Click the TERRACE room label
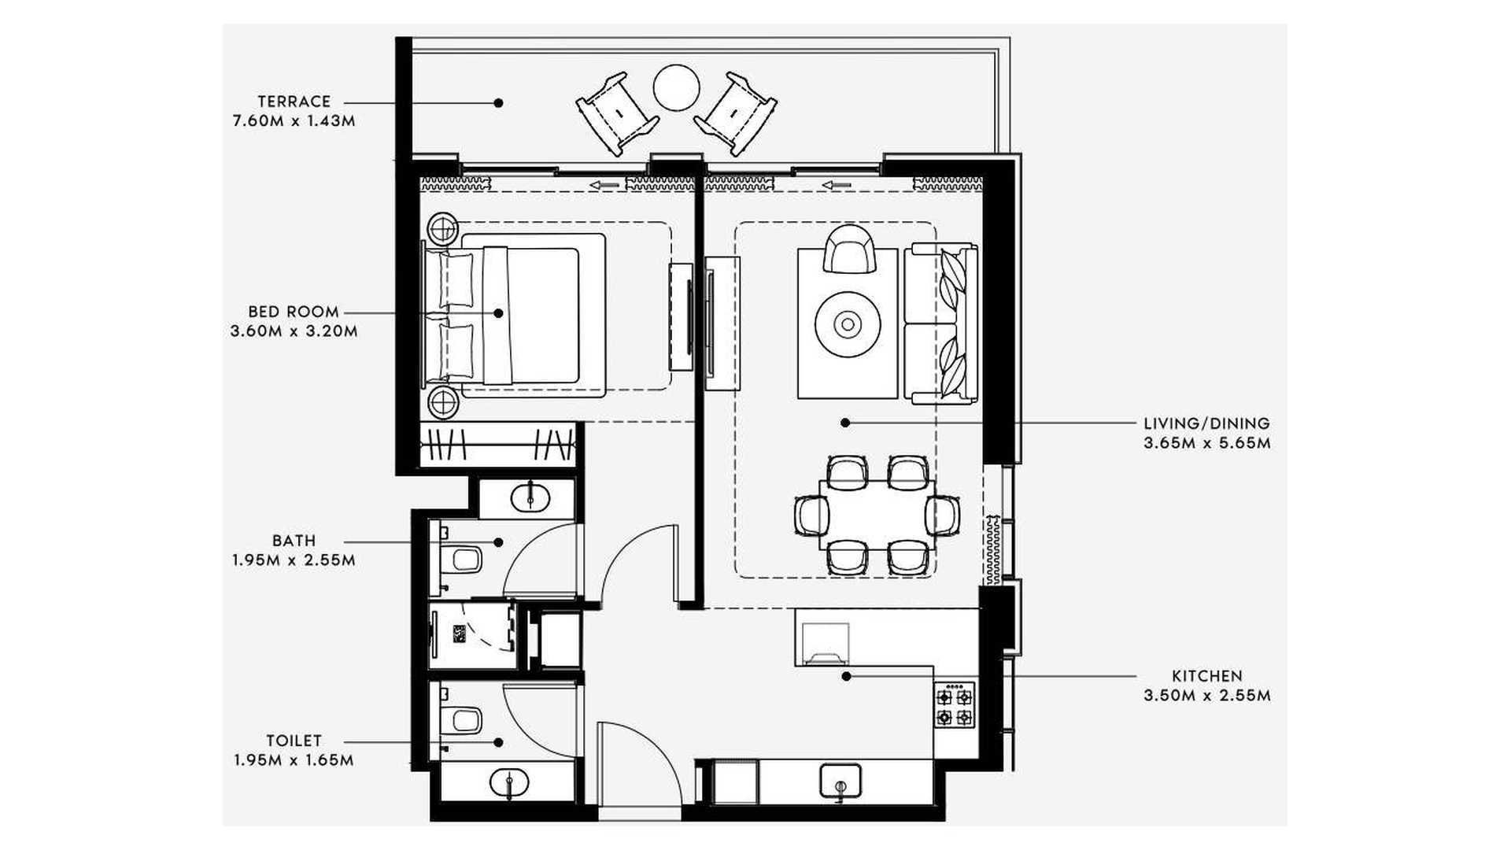(x=294, y=102)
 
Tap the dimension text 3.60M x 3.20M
(x=294, y=331)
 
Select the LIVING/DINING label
(x=1207, y=424)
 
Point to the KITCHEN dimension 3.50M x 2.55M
(x=1207, y=696)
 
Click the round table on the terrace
(x=676, y=87)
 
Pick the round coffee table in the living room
(x=848, y=323)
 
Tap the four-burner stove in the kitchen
(x=955, y=706)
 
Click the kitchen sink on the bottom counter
(x=840, y=780)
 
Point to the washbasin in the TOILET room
(x=509, y=782)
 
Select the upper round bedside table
(x=443, y=229)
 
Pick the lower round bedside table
(x=443, y=404)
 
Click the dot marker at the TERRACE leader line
(x=498, y=102)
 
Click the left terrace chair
(x=617, y=114)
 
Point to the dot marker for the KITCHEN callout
(x=846, y=676)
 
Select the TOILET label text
(x=294, y=741)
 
